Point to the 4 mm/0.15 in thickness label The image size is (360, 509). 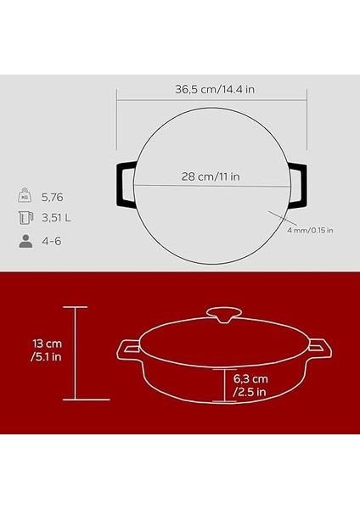point(308,230)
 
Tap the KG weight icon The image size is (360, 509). point(25,196)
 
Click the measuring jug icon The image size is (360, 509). point(25,218)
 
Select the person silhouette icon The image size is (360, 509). point(25,242)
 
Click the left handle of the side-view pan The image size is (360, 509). point(130,347)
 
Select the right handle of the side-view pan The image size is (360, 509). point(319,347)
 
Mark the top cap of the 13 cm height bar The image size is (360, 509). point(76,307)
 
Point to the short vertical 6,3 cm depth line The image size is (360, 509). point(227,384)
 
